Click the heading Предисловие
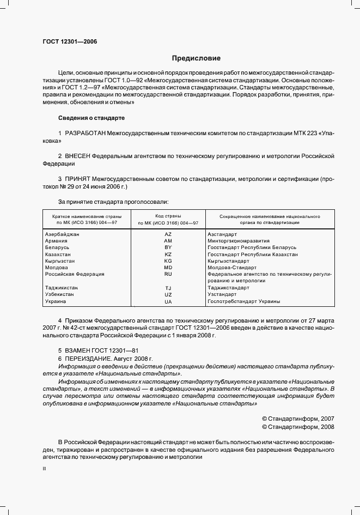click(x=196, y=58)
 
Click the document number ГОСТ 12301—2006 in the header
click(x=70, y=41)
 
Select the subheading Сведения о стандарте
click(x=91, y=118)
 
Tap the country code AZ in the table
click(x=168, y=234)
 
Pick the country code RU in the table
click(x=168, y=274)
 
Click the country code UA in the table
click(x=168, y=301)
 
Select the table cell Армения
click(x=56, y=240)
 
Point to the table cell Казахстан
click(x=58, y=254)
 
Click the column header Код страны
click(x=168, y=216)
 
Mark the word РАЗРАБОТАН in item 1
click(x=86, y=133)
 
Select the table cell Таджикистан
click(x=61, y=288)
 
